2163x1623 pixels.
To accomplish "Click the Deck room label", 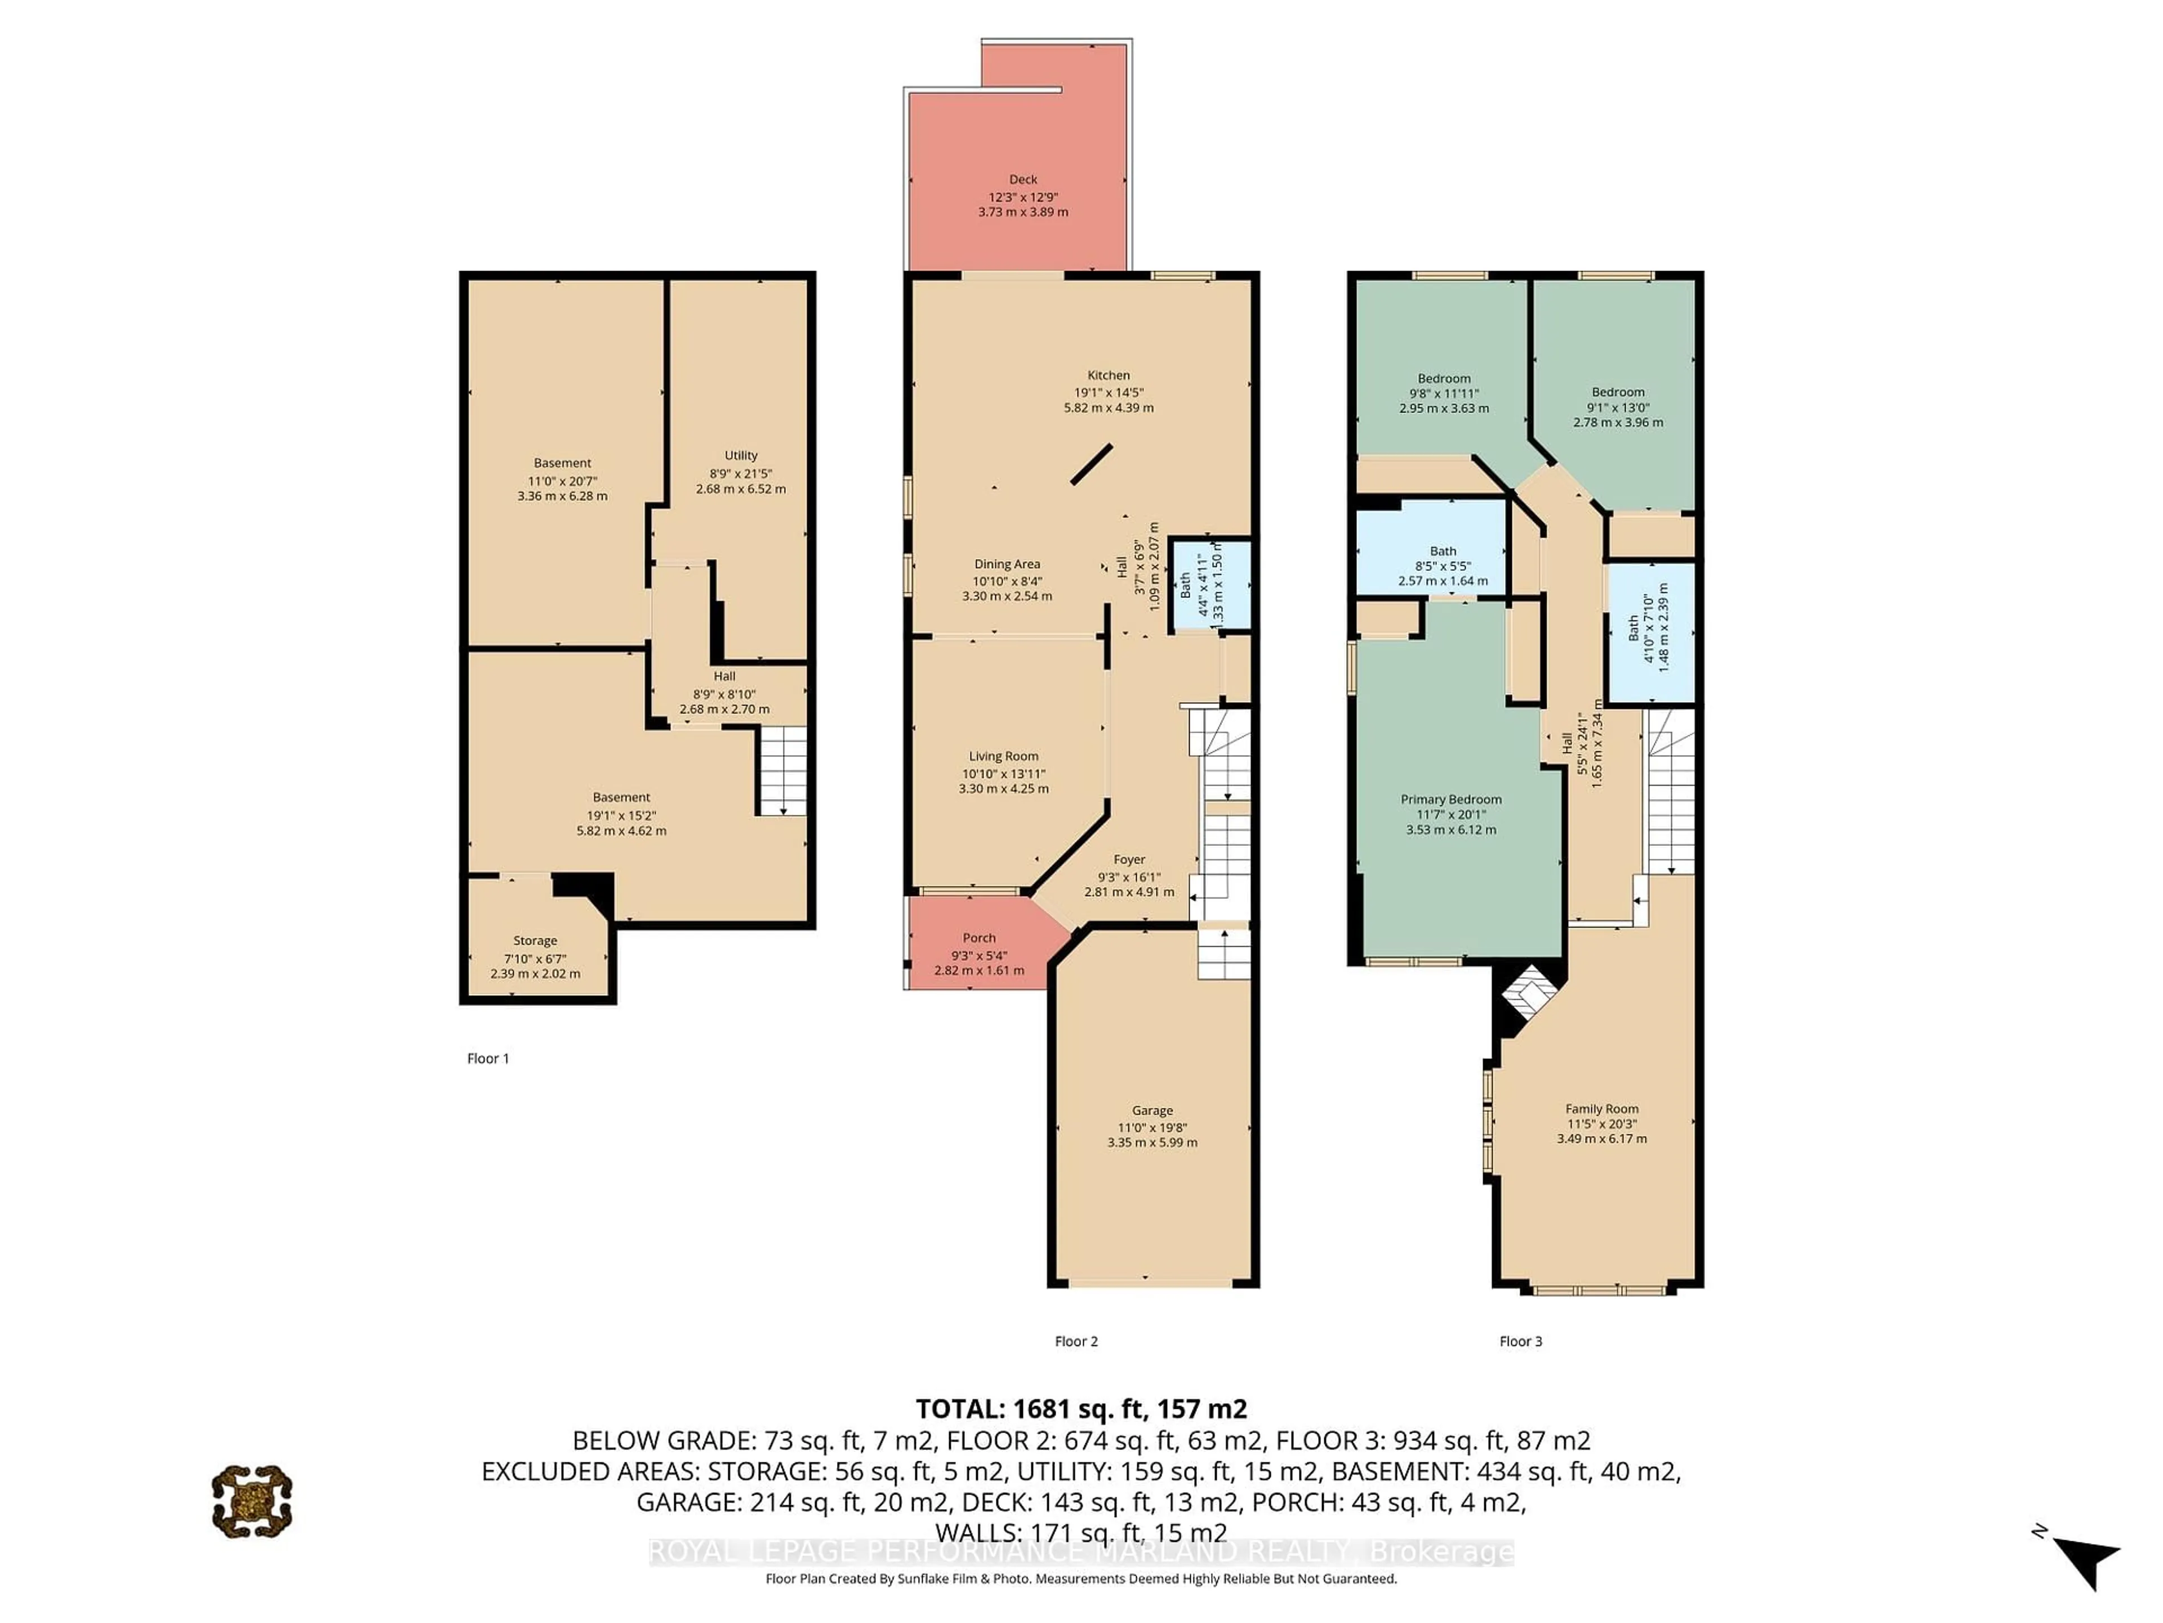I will (x=1023, y=180).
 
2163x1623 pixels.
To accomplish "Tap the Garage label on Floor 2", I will (x=1152, y=1110).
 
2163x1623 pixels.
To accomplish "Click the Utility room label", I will (x=740, y=455).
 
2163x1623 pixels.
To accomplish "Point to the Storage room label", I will (x=535, y=940).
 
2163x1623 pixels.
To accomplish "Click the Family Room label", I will (x=1602, y=1108).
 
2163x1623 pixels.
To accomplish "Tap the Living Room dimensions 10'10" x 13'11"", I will (x=1003, y=773).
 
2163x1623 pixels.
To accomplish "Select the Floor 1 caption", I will (x=488, y=1058).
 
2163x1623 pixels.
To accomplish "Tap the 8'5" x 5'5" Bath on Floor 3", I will (x=1443, y=565).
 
